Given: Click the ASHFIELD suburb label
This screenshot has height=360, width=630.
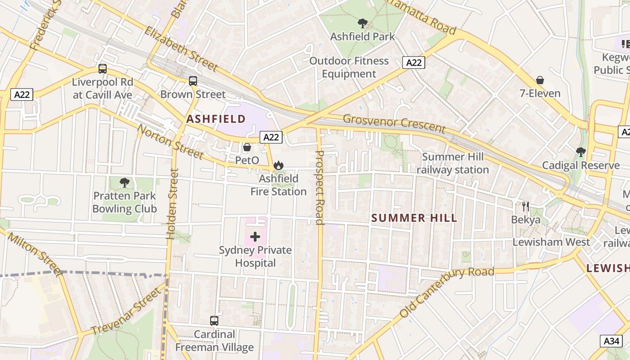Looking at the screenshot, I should tap(216, 119).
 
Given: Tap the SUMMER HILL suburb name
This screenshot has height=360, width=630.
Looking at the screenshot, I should tap(414, 219).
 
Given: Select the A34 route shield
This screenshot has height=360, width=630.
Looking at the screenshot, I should tap(612, 341).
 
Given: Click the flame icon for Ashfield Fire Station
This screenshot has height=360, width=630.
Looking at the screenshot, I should tap(279, 166).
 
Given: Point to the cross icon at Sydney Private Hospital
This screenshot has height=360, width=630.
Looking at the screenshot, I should tap(255, 236).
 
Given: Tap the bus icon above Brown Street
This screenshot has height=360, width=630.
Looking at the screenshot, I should tap(193, 81).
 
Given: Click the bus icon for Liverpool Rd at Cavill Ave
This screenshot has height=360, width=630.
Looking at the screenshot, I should tap(103, 69).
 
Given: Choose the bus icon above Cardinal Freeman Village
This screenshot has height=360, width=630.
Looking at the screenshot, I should tap(214, 321).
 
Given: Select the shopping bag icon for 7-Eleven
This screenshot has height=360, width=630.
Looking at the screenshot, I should tap(540, 80).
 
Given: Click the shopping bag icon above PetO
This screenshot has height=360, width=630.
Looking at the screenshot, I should tap(247, 147).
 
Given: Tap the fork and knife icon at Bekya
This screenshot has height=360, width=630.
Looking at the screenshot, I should tap(525, 207).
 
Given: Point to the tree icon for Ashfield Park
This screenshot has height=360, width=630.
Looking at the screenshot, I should tap(362, 23).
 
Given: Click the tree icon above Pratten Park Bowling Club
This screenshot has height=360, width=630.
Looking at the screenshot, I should tap(125, 183).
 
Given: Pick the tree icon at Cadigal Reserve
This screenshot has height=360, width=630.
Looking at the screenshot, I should tap(580, 152).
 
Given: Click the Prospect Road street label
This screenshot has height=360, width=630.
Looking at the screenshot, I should tap(319, 187).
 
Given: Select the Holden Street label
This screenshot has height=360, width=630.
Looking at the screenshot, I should tap(172, 204).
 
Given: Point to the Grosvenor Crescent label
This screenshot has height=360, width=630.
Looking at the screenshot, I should tap(394, 124).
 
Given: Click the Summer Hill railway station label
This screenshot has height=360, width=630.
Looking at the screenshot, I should tap(452, 163).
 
